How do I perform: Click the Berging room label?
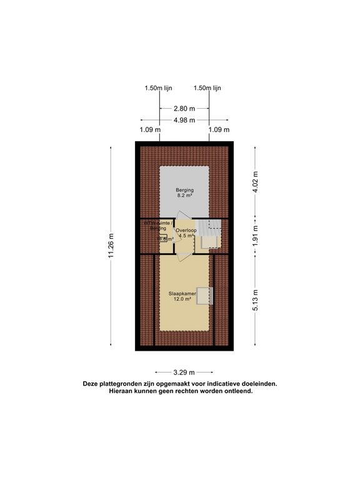pos(184,189)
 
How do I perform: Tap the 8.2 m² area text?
pos(184,196)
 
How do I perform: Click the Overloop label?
pos(186,231)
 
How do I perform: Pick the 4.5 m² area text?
pos(186,237)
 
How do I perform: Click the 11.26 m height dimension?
pos(112,245)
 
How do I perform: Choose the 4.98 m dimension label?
pos(183,120)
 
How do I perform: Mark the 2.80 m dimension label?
pos(183,108)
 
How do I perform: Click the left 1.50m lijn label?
pos(158,89)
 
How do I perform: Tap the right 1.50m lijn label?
pos(207,89)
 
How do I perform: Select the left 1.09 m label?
pos(149,130)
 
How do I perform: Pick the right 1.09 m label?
pos(217,130)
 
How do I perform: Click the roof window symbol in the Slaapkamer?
pos(205,296)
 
